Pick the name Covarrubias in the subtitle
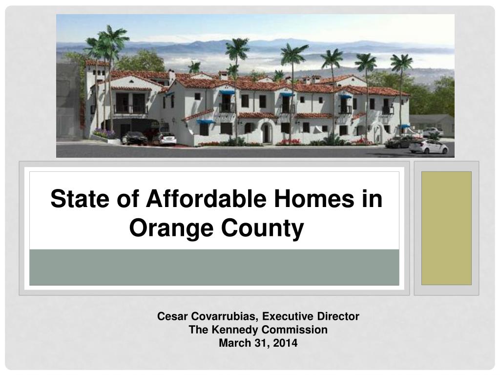pos(221,316)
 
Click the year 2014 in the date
pos(285,343)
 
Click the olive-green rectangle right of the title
pos(446,228)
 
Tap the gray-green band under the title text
pos(214,267)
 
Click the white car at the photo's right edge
pos(429,146)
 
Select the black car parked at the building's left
pos(134,139)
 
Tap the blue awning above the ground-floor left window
pos(206,122)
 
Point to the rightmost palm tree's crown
pos(401,62)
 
